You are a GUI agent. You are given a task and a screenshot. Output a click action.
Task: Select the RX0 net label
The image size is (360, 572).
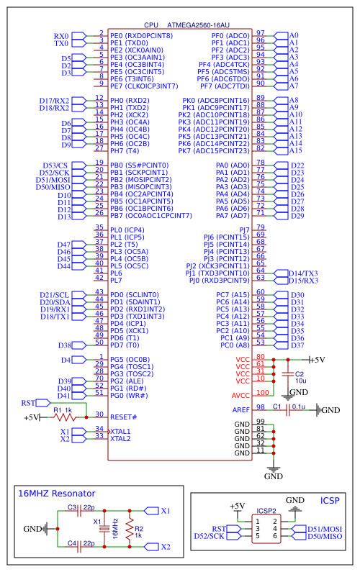tap(62, 36)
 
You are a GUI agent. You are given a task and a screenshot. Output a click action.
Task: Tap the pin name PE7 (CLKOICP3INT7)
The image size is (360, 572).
tap(144, 86)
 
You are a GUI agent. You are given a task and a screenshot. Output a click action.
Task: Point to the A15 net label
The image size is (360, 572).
tap(295, 151)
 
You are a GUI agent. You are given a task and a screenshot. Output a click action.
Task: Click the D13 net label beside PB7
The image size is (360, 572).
tap(65, 216)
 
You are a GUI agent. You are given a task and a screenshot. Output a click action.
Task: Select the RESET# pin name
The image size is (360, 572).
tap(123, 417)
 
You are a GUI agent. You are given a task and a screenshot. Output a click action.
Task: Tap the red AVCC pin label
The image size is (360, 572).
tap(240, 395)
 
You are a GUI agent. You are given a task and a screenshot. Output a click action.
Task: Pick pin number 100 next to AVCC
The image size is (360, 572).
tap(262, 393)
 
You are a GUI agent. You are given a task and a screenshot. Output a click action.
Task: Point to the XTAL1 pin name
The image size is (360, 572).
tap(121, 431)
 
